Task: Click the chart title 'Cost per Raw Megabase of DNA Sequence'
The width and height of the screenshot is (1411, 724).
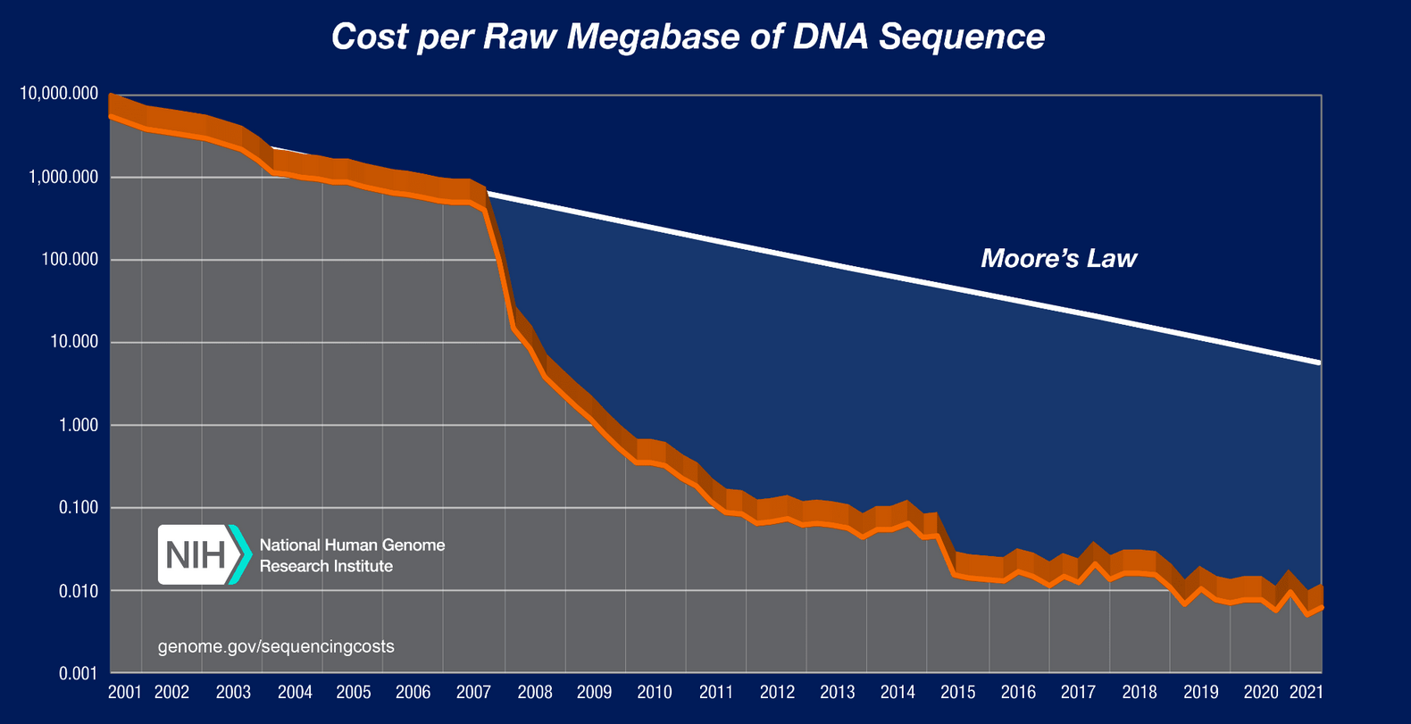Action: pos(688,37)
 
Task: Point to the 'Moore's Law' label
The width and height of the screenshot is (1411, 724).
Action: pos(1058,259)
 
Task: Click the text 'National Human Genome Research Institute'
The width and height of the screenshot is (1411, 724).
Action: pos(352,555)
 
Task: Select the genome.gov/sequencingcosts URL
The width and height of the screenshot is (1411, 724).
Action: pos(276,646)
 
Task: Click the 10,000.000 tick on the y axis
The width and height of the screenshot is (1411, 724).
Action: pos(59,94)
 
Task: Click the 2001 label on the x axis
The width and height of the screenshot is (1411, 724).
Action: pos(125,693)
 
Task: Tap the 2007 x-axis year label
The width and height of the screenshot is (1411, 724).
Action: pos(473,693)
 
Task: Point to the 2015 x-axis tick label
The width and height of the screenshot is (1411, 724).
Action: pos(958,693)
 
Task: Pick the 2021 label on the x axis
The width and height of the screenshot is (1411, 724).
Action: pos(1307,693)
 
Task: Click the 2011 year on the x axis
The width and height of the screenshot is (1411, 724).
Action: pos(716,693)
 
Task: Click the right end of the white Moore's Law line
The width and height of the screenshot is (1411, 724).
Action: pos(1318,362)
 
